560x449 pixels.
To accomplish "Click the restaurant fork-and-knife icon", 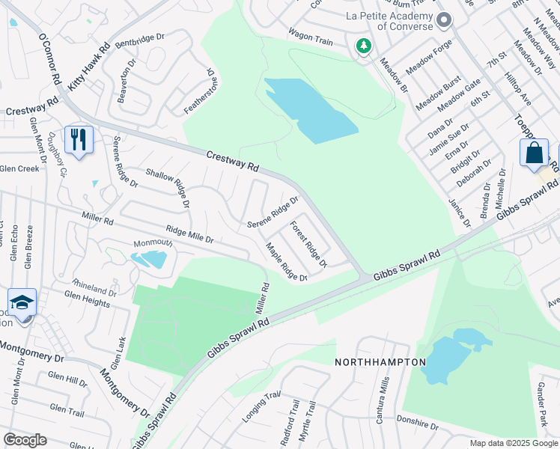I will coord(78,139).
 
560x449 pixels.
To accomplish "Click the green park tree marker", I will coord(364,47).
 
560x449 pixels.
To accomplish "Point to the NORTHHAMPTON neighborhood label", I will coord(380,362).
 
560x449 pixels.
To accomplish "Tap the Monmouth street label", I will coord(153,243).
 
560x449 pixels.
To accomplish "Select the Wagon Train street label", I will coord(310,37).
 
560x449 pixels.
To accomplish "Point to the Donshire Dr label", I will coord(416,423).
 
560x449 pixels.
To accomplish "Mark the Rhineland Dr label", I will coord(94,288).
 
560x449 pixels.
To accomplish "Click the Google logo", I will coord(25,440).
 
